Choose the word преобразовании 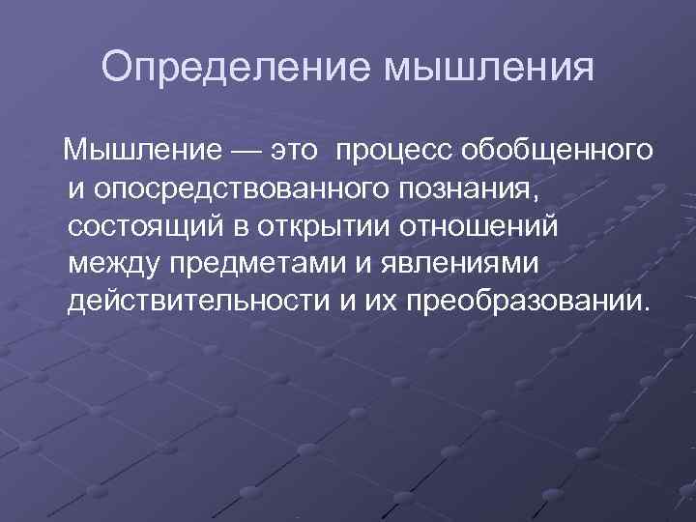coord(521,300)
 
